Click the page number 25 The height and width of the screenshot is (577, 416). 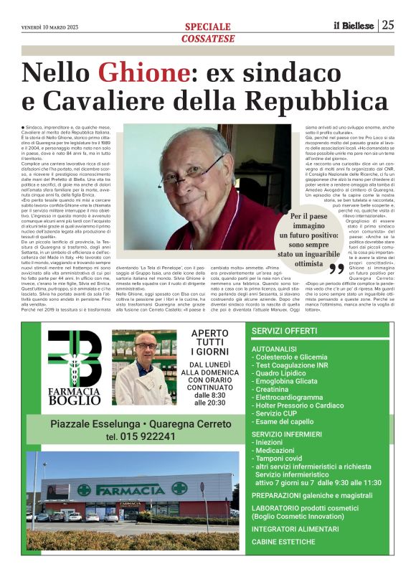coord(388,25)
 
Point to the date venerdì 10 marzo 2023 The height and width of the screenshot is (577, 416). coord(50,27)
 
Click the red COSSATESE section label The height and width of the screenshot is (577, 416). coord(207,38)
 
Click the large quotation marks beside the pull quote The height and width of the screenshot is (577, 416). coord(336,268)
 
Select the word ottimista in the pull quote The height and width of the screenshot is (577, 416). coord(302,263)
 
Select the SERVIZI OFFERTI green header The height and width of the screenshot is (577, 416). coord(284,331)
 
